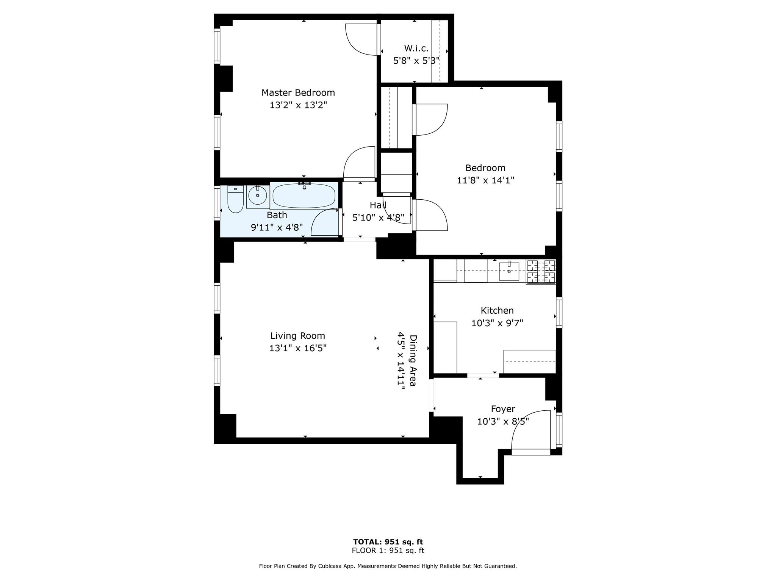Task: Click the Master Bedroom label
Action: (x=298, y=92)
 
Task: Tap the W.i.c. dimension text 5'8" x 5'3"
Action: (x=416, y=61)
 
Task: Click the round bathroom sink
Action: (x=258, y=196)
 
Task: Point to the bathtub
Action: (x=304, y=196)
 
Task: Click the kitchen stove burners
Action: (x=541, y=271)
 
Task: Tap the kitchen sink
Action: (x=509, y=271)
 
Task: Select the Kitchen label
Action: (x=497, y=311)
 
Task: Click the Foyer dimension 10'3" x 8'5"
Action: (x=503, y=421)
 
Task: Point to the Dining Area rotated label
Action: (x=413, y=360)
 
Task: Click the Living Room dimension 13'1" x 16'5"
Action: (x=298, y=348)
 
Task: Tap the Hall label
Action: (x=378, y=205)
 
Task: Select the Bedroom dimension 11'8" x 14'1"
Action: (x=485, y=180)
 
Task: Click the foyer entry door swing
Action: (x=530, y=432)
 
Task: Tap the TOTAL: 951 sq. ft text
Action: (x=388, y=542)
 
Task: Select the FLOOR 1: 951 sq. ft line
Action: (x=388, y=551)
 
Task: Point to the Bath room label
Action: (x=277, y=215)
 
